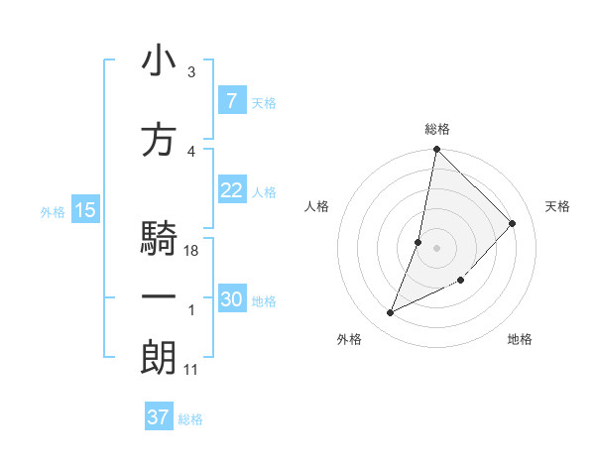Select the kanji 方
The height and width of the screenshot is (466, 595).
pos(159,140)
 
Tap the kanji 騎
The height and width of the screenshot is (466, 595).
pos(159,240)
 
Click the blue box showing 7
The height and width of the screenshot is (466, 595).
pos(231,101)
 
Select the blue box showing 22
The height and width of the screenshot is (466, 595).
pos(231,190)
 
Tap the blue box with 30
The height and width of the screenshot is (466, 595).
pos(231,299)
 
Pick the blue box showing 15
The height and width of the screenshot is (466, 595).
pos(84,210)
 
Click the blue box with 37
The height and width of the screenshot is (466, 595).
pos(158,417)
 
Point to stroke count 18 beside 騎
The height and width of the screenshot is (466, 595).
pos(192,251)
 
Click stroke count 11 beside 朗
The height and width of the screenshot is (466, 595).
pos(190,370)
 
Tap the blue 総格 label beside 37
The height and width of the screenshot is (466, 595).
pos(190,419)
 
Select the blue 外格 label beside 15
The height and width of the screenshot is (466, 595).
pos(53,211)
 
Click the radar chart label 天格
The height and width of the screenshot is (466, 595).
pos(557,206)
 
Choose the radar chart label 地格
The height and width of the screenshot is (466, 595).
pos(520,339)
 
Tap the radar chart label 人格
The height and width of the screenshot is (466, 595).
pos(317,206)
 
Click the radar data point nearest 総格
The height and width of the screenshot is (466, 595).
pos(436,150)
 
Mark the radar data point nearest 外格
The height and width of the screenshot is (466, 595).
pos(391,313)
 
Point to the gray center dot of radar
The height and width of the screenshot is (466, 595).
pos(436,248)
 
